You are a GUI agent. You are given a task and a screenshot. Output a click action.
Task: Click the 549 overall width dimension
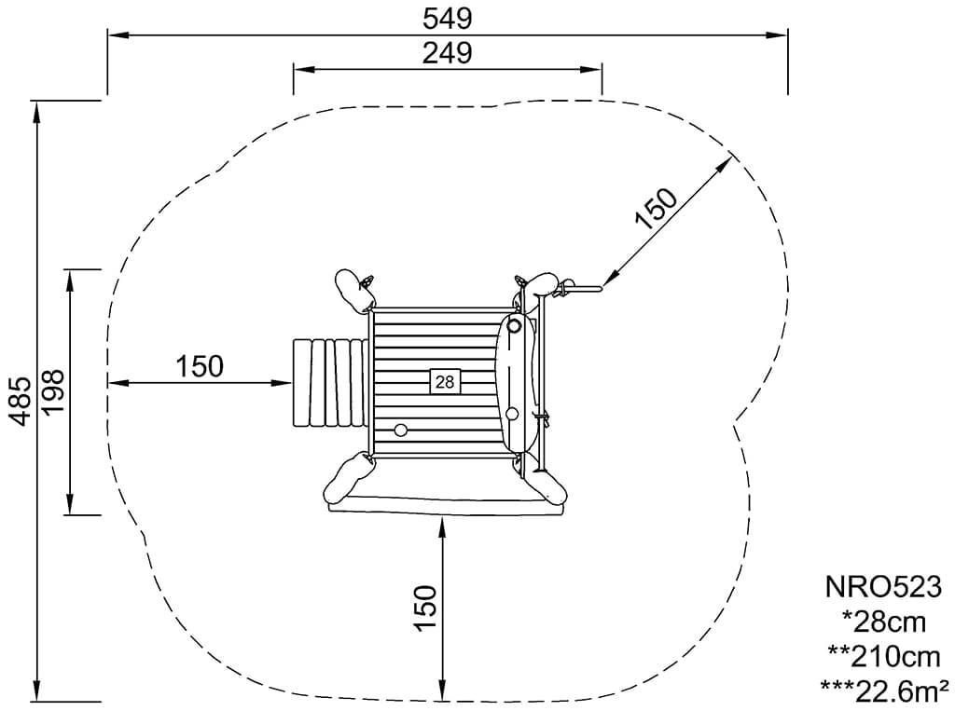point(448,19)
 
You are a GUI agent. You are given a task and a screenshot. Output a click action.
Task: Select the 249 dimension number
point(448,53)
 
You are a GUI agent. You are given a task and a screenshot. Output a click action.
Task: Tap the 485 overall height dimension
point(22,401)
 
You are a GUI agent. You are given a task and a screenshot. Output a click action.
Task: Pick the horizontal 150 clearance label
point(200,366)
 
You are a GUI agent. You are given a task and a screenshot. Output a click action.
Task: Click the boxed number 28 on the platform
point(445,382)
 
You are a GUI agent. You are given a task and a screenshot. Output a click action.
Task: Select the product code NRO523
point(883,587)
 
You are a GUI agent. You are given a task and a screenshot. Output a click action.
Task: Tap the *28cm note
point(884,622)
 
